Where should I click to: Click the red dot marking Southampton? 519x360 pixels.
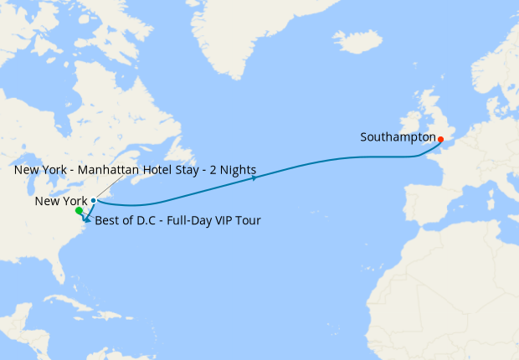click(440, 139)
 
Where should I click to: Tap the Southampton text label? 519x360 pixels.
click(398, 136)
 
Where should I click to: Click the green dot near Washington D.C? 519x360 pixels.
click(79, 211)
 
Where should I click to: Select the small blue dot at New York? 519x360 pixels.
click(93, 201)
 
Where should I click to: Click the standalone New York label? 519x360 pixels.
click(61, 202)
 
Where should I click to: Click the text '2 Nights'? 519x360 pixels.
click(233, 170)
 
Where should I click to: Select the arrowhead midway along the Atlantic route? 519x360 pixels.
click(254, 177)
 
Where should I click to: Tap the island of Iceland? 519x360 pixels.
click(357, 41)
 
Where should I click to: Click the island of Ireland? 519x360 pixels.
click(406, 126)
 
